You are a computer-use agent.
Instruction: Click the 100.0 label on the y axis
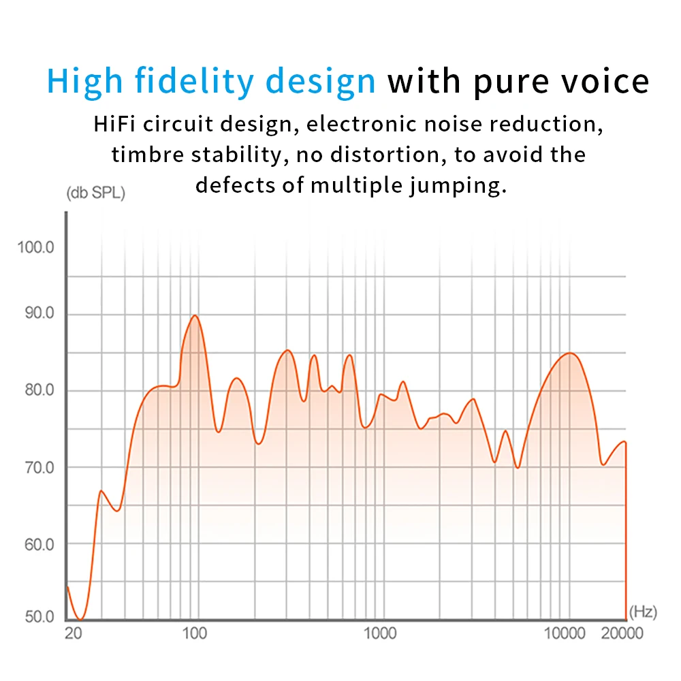35,247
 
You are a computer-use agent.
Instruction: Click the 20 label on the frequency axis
73,633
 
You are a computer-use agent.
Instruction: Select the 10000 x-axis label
565,633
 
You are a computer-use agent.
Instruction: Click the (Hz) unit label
643,612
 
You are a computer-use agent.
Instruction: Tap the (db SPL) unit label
95,193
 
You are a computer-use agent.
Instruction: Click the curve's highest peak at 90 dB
195,315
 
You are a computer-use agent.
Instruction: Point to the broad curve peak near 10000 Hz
569,353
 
